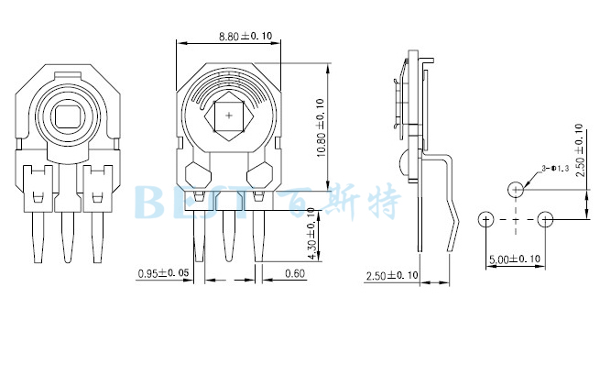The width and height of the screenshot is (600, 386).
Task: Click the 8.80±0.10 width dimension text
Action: (245, 36)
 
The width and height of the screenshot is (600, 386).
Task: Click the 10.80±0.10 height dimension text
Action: (321, 127)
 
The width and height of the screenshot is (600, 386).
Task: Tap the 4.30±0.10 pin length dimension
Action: (311, 234)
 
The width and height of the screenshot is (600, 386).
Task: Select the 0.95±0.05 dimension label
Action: (163, 273)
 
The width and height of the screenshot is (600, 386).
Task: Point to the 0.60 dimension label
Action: (295, 273)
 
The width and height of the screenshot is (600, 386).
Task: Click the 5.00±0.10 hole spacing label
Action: (515, 259)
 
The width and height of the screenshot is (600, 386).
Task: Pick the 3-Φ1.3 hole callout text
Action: (555, 168)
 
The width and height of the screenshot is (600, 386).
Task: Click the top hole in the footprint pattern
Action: (516, 190)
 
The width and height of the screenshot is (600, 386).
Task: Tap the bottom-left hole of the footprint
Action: (486, 219)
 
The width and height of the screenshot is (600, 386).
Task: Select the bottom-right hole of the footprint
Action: (545, 219)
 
